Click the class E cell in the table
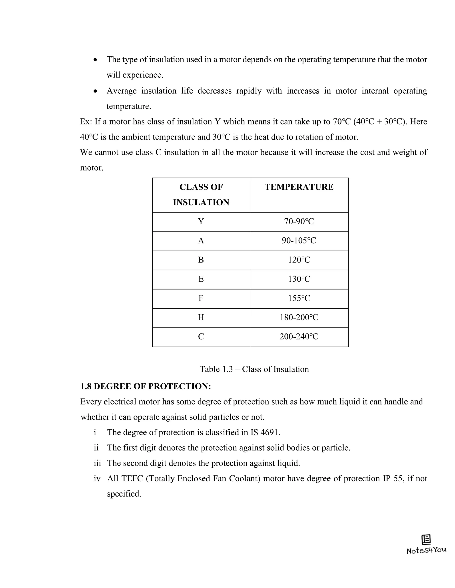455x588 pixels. (x=201, y=279)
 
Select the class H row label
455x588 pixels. (x=201, y=318)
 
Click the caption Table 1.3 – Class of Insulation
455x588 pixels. (x=254, y=369)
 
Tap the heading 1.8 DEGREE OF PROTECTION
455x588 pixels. (x=146, y=386)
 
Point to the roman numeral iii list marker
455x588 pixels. (x=97, y=463)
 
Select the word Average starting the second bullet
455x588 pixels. (x=121, y=91)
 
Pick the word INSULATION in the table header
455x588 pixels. (x=201, y=202)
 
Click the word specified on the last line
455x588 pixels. (x=124, y=494)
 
